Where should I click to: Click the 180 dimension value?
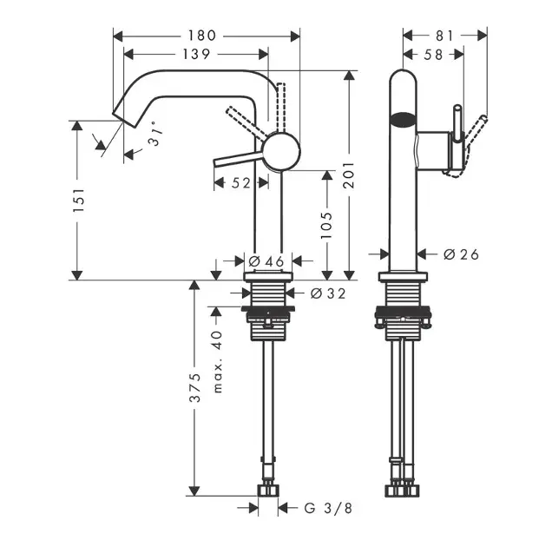coord(207,36)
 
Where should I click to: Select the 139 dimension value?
coord(194,55)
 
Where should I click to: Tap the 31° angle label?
coord(154,135)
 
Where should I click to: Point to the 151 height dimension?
coord(78,201)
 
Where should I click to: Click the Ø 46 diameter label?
coord(266,260)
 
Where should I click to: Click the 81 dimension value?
coord(444,36)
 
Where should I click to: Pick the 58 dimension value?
coord(434,55)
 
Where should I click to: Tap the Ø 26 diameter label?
coord(461,254)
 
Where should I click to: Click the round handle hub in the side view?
coord(281,150)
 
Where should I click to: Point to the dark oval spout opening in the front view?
coord(403,122)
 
